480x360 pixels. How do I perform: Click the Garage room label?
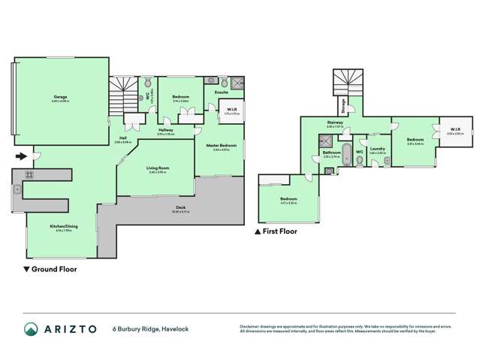pyautogui.click(x=61, y=96)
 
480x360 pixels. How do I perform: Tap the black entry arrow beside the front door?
pyautogui.click(x=22, y=156)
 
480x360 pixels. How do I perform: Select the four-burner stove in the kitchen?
pyautogui.click(x=29, y=174)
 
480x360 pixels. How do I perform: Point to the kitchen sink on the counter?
pyautogui.click(x=17, y=189)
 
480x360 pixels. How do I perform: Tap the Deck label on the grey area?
pyautogui.click(x=180, y=207)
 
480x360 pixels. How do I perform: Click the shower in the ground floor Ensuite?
pyautogui.click(x=237, y=82)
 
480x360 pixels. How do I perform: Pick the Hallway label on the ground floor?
pyautogui.click(x=166, y=130)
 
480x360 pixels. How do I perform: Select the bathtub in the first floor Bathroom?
pyautogui.click(x=346, y=159)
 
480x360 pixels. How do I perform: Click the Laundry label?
pyautogui.click(x=377, y=149)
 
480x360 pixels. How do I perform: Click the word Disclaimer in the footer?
pyautogui.click(x=251, y=326)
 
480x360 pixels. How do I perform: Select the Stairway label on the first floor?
pyautogui.click(x=335, y=123)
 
